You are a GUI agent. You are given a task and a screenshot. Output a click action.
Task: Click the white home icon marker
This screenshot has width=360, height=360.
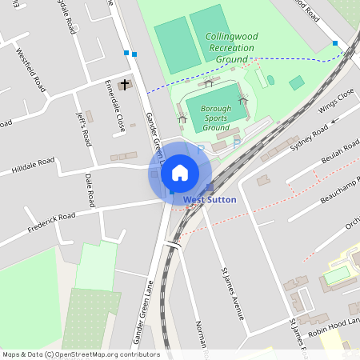click(x=180, y=172)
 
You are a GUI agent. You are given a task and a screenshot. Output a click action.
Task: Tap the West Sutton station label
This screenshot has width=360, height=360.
click(x=210, y=198)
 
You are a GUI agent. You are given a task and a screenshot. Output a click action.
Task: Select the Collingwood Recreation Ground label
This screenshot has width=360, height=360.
click(x=230, y=48)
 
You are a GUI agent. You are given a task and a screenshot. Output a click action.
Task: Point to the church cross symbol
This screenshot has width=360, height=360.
click(x=124, y=83)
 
